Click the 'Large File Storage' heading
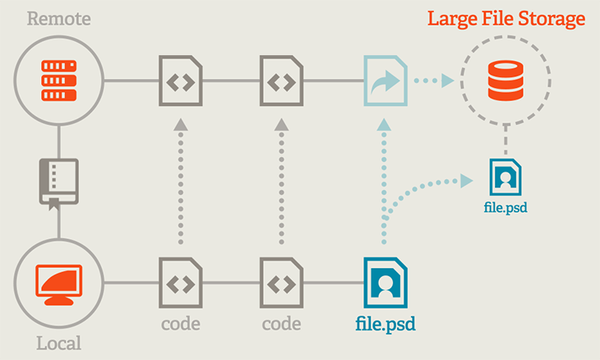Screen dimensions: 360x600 tap(505, 18)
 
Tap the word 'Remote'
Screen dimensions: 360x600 tap(58, 18)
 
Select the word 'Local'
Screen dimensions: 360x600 tap(58, 343)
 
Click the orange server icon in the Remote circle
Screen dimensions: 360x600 tap(58, 81)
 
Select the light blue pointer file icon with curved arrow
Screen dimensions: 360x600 tap(383, 81)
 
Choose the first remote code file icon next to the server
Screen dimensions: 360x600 tap(180, 81)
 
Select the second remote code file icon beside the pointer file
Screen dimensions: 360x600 tap(281, 81)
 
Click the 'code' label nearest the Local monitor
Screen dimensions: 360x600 tap(180, 323)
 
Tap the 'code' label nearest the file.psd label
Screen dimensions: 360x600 tap(281, 323)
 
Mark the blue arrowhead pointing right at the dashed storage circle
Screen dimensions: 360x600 tap(446, 81)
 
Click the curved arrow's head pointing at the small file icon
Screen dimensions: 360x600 tap(469, 178)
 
